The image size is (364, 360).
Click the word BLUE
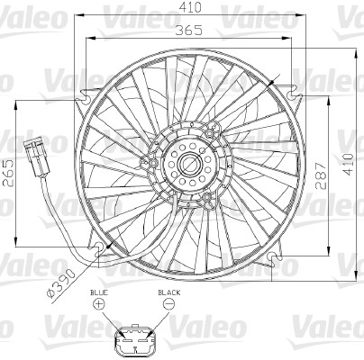[x=98, y=293]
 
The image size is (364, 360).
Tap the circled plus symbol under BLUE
[x=98, y=307]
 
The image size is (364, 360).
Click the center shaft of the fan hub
[x=192, y=164]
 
